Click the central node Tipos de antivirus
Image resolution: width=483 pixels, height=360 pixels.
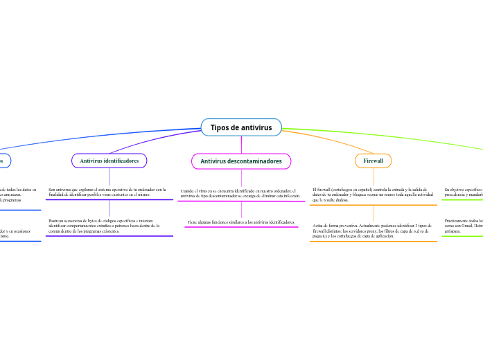241,127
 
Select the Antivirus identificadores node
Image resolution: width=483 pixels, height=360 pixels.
109,161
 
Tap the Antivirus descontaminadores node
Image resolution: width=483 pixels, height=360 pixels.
241,161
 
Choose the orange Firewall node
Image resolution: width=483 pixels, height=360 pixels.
373,161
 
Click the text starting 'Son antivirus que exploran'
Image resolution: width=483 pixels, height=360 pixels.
107,192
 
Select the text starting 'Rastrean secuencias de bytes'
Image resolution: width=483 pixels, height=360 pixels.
104,226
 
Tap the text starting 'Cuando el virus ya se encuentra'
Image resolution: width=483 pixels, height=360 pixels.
240,192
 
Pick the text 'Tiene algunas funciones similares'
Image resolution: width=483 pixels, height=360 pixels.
240,222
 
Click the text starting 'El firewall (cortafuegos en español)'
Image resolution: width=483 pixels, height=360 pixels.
373,195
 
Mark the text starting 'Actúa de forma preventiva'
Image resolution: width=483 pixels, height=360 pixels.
373,231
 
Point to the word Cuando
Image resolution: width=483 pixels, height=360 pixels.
187,190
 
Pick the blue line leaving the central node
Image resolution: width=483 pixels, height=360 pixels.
104,138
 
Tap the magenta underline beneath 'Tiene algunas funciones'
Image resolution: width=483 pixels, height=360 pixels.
240,227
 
